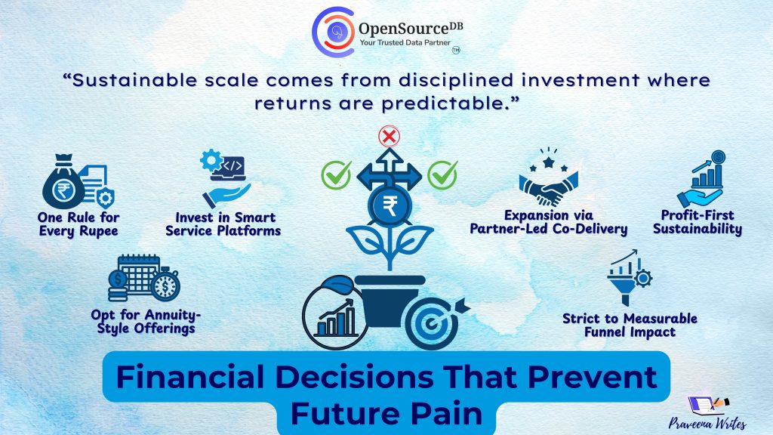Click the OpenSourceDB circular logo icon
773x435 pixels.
pyautogui.click(x=333, y=32)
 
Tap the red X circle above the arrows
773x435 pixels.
pyautogui.click(x=389, y=137)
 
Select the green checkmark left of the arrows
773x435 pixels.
pyautogui.click(x=337, y=174)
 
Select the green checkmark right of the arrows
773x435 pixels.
pyautogui.click(x=442, y=174)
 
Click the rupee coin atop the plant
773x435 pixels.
pyautogui.click(x=390, y=205)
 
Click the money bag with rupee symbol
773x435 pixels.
pyautogui.click(x=63, y=182)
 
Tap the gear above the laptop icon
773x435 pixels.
pyautogui.click(x=211, y=160)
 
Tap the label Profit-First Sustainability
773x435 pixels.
pyautogui.click(x=697, y=222)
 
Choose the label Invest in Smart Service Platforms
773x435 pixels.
pyautogui.click(x=223, y=224)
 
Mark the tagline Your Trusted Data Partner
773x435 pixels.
pyautogui.click(x=405, y=43)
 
